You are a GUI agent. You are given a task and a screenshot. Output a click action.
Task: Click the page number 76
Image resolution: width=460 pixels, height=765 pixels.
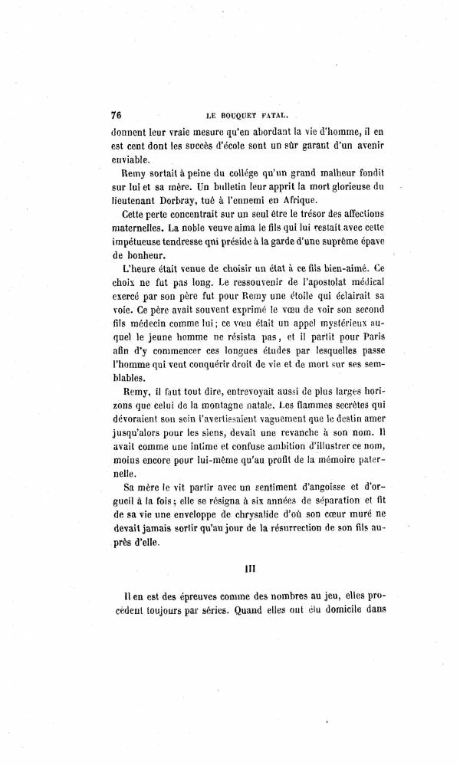(117, 115)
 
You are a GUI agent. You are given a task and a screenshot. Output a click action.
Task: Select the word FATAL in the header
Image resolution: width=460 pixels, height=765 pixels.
(274, 117)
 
